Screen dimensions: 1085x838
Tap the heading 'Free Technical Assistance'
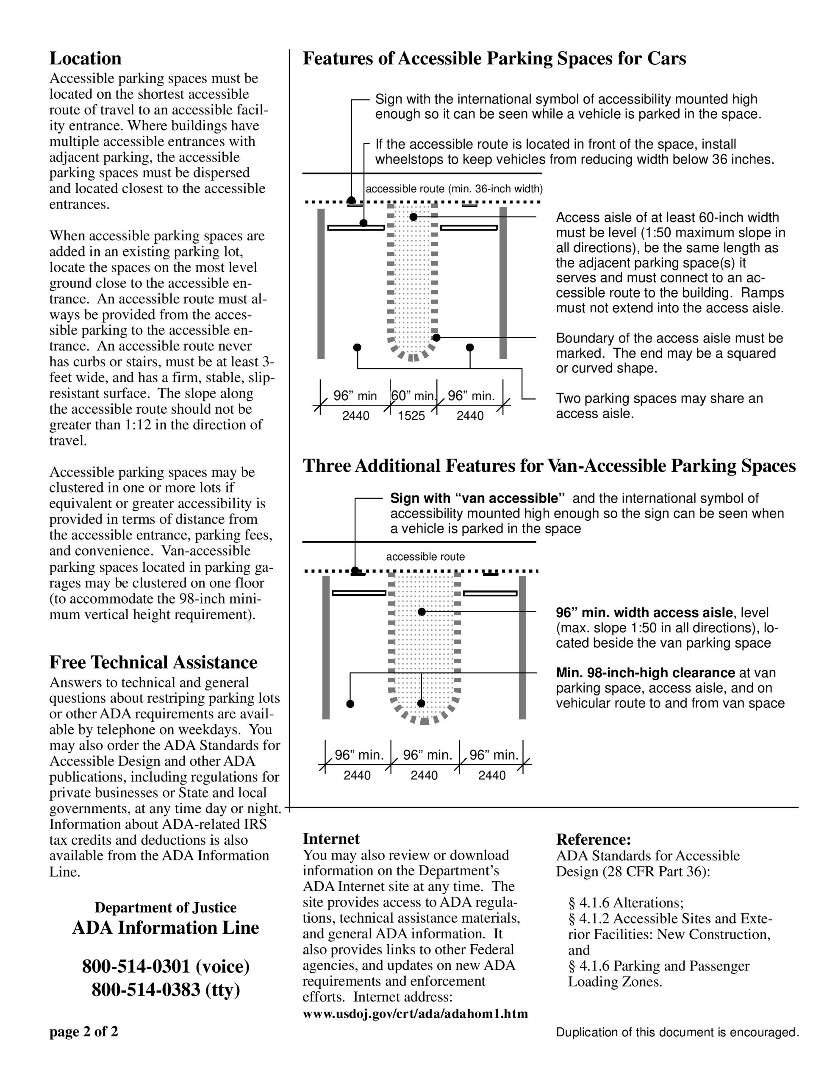tap(153, 662)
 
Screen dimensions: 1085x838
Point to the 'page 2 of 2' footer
tap(83, 1032)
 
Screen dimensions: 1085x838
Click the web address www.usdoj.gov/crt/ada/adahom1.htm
tap(415, 1013)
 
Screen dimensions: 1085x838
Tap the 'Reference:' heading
tap(593, 839)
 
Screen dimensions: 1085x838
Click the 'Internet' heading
tap(331, 839)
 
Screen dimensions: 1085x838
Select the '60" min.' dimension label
tap(413, 396)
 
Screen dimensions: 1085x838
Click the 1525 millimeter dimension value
tap(411, 416)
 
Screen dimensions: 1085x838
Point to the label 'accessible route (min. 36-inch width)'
tap(454, 189)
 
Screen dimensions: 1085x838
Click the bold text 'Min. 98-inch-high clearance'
tap(645, 673)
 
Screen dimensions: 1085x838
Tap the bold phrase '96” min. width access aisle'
tap(644, 612)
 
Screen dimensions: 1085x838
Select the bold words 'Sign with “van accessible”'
tap(477, 498)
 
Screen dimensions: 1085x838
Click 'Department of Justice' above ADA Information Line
tap(165, 907)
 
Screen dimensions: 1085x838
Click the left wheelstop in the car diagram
tap(356, 228)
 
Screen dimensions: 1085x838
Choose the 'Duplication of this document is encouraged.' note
tap(677, 1032)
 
